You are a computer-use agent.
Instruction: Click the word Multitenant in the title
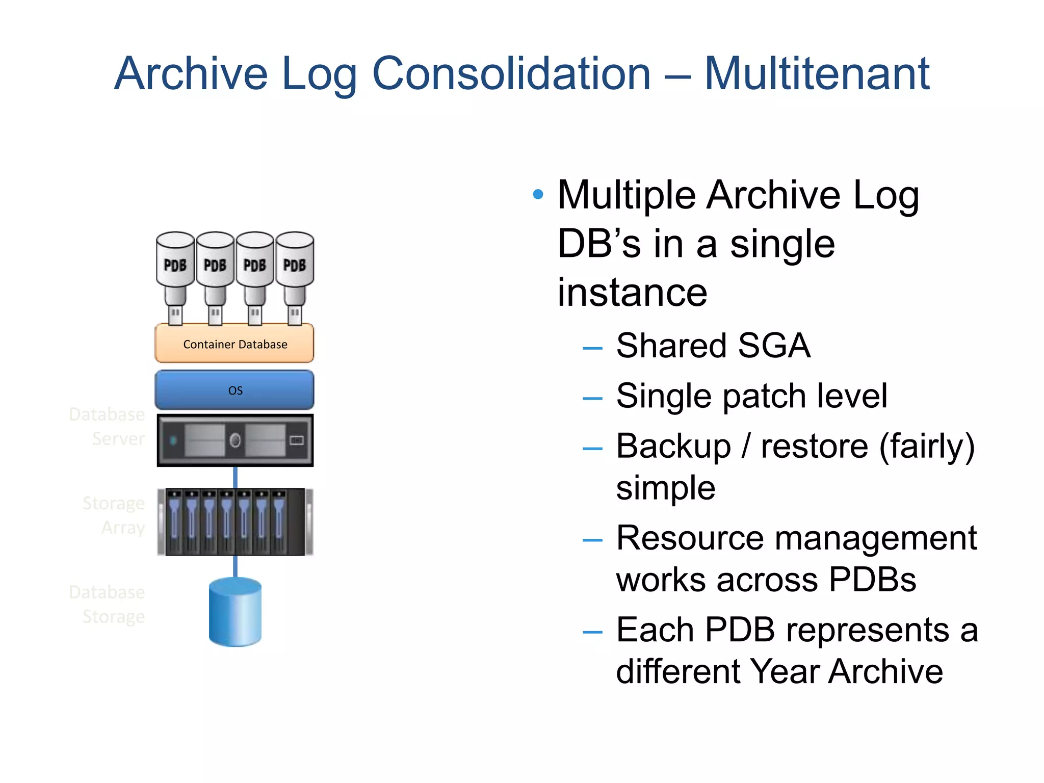tap(817, 74)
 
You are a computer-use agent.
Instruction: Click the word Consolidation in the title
tap(511, 74)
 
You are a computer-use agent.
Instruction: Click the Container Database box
tap(234, 344)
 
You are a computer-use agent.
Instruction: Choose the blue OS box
tap(234, 390)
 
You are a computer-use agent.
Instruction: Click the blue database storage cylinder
tap(235, 612)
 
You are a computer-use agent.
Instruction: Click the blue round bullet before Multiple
tap(538, 194)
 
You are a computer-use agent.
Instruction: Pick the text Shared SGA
tap(713, 346)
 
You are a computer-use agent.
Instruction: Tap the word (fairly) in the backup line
tap(926, 446)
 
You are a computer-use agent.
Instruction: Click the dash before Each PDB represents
tap(592, 633)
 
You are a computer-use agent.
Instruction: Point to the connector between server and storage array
tap(235, 478)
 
